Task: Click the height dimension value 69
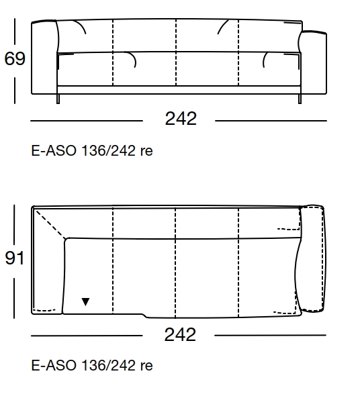[x=15, y=59]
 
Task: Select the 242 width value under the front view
[x=181, y=119]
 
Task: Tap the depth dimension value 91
[x=15, y=258]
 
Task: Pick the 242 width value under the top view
[x=180, y=334]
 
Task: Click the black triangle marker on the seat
[x=85, y=302]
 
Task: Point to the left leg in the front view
[x=59, y=99]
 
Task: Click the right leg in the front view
[x=298, y=99]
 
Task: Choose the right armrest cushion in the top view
[x=312, y=259]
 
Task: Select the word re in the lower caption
[x=146, y=366]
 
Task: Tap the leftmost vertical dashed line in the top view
[x=113, y=262]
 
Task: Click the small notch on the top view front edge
[x=143, y=315]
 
